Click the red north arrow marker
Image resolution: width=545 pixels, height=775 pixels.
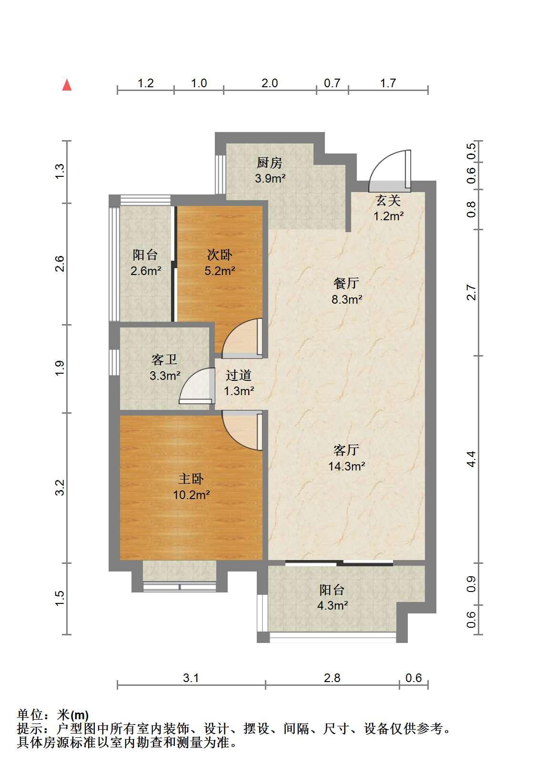(67, 85)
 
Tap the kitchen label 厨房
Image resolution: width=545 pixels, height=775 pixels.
(269, 163)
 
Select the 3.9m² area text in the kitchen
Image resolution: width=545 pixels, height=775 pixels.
(270, 179)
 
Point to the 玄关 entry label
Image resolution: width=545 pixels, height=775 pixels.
(388, 200)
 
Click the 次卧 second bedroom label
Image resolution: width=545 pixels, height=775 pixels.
(219, 255)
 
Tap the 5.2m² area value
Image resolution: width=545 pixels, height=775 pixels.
(220, 271)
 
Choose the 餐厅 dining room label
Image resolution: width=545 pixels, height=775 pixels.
(346, 283)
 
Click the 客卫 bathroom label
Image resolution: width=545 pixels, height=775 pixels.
(164, 360)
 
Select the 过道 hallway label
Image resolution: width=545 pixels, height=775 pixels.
(239, 375)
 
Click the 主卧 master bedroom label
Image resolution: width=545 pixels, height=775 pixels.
(191, 479)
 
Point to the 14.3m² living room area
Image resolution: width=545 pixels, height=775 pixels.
(346, 466)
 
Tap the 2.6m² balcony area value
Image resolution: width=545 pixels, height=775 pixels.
(146, 271)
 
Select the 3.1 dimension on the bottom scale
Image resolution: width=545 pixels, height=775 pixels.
(191, 678)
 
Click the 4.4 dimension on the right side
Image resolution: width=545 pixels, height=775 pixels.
(471, 459)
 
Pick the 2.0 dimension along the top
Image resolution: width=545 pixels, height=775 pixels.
(270, 83)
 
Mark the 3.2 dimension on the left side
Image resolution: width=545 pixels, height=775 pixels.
(60, 488)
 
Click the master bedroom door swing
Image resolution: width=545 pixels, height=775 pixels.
(242, 430)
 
